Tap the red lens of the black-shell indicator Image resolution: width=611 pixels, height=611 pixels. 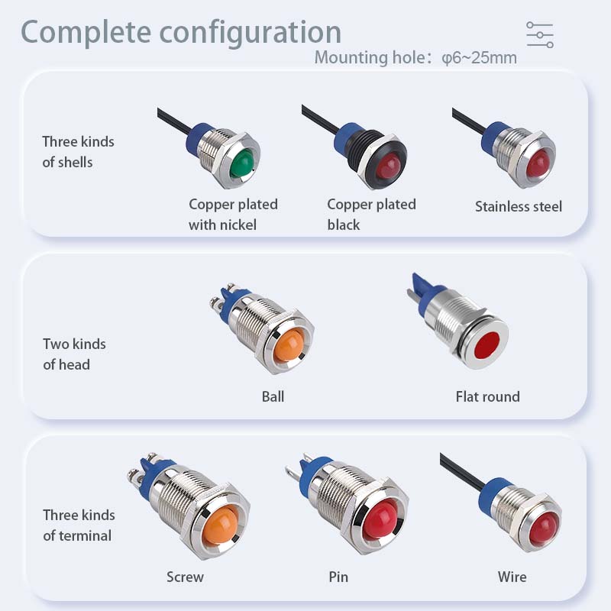[x=390, y=166]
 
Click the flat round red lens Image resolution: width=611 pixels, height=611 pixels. [x=487, y=345]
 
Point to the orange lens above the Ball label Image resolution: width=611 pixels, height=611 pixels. [x=289, y=345]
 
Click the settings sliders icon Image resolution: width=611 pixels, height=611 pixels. [x=540, y=35]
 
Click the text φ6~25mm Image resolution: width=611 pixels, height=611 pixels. [x=480, y=58]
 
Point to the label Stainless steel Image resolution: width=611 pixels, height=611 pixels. [x=519, y=206]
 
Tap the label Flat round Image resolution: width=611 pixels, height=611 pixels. [x=488, y=396]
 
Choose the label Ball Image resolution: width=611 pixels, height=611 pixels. [x=273, y=396]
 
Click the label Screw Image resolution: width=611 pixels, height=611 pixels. [x=185, y=577]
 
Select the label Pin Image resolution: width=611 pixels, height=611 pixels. [x=338, y=577]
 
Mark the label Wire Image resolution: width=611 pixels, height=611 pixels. [x=512, y=577]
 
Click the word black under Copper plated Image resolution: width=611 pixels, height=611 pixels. [x=343, y=225]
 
